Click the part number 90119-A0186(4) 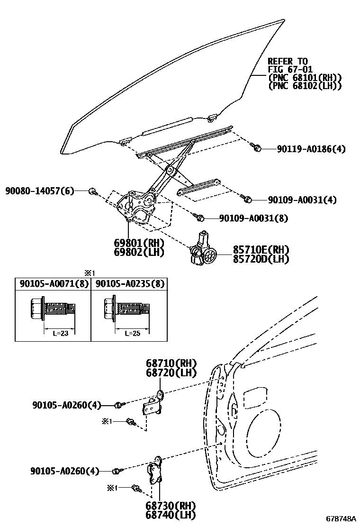coord(311,149)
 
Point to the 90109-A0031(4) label coord(302,200)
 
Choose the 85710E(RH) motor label coord(261,250)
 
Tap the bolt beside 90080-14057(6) coord(93,191)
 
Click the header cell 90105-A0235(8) coord(130,283)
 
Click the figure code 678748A coord(340,518)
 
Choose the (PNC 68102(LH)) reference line coord(304,86)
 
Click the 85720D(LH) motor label coord(261,259)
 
